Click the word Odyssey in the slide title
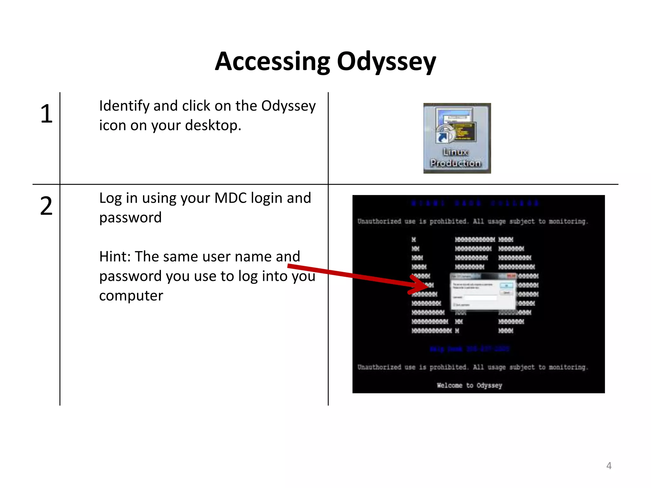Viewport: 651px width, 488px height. pyautogui.click(x=386, y=62)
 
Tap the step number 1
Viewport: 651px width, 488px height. pyautogui.click(x=46, y=114)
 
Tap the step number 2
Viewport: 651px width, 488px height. pyautogui.click(x=46, y=206)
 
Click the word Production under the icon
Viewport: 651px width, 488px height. pyautogui.click(x=456, y=163)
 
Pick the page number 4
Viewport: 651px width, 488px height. pyautogui.click(x=609, y=466)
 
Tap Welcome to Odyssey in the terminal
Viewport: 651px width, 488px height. pyautogui.click(x=469, y=385)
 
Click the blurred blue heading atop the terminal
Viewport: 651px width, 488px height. pyautogui.click(x=475, y=203)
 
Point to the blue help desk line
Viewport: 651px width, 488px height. pyautogui.click(x=469, y=349)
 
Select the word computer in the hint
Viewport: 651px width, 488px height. pyautogui.click(x=131, y=296)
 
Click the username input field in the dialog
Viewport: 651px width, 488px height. pyautogui.click(x=480, y=298)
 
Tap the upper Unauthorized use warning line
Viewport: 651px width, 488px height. pyautogui.click(x=473, y=221)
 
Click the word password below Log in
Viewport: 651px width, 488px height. pyautogui.click(x=130, y=218)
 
